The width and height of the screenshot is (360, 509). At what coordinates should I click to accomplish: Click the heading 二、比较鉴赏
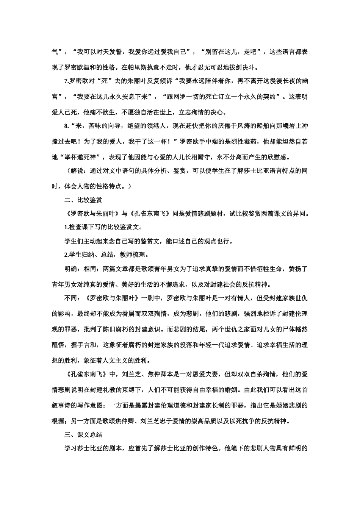pyautogui.click(x=83, y=200)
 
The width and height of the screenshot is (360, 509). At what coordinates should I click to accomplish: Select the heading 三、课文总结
pyautogui.click(x=83, y=434)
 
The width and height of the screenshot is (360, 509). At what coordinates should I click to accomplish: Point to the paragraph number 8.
pyautogui.click(x=66, y=126)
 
